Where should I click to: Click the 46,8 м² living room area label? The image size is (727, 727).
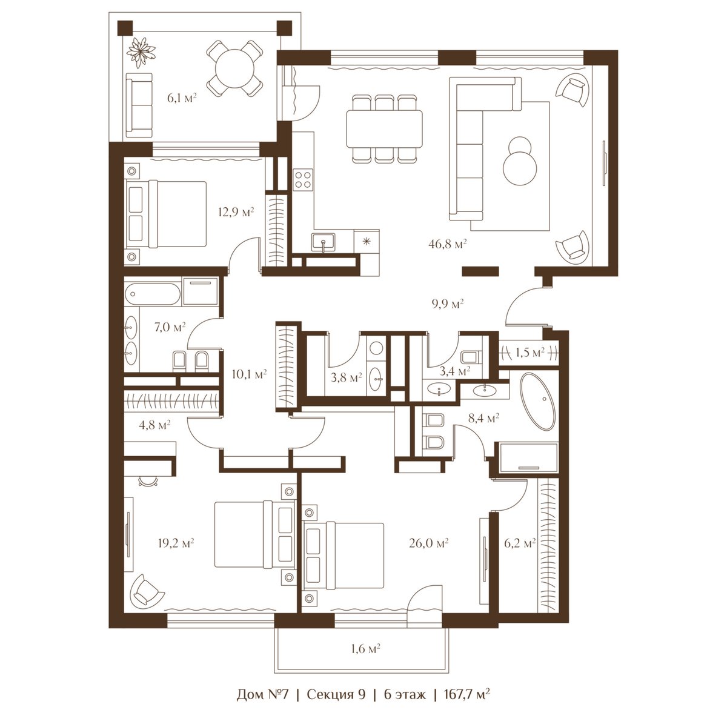point(448,244)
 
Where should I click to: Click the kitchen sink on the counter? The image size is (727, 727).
point(323,242)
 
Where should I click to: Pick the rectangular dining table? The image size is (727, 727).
point(385,128)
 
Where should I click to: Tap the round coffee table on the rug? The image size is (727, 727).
point(519,162)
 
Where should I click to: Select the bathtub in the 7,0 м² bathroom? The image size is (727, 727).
point(153,294)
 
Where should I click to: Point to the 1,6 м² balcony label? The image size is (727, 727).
point(365,648)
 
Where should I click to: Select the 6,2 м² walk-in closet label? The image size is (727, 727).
point(519,543)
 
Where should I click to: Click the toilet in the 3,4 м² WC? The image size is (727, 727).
point(471,356)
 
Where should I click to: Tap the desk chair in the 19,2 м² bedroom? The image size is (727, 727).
point(148,481)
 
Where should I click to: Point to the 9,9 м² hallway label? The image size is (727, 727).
point(448,304)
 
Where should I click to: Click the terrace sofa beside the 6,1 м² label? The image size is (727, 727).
point(139,105)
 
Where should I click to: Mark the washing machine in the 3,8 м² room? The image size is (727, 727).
point(376,348)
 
